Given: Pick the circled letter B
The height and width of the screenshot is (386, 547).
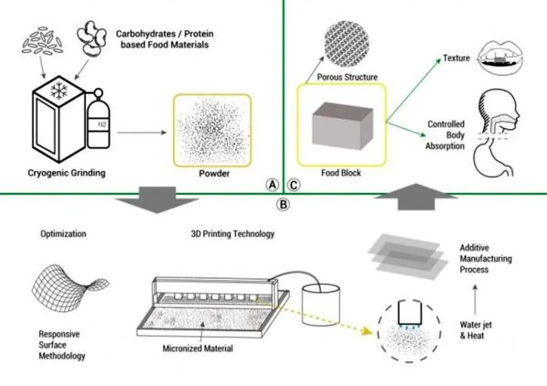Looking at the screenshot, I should [x=283, y=204].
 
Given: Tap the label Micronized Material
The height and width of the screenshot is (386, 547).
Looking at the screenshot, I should [x=197, y=349].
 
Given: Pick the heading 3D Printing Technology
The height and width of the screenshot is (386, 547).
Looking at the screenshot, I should [x=232, y=234].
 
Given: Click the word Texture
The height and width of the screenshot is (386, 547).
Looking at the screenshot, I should [x=456, y=58].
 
